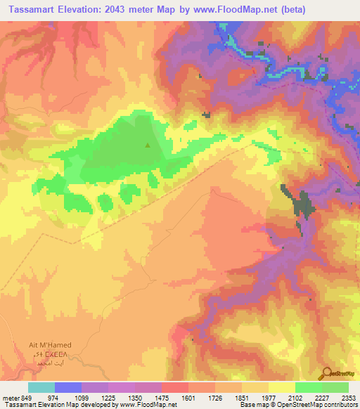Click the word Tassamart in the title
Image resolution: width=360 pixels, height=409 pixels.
[x=33, y=9]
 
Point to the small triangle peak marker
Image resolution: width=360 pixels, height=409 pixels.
[x=148, y=145]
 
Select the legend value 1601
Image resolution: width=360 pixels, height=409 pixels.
[x=188, y=398]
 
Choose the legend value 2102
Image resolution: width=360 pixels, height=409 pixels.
[x=294, y=398]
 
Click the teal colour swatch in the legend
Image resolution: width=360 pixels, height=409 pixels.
[x=41, y=387]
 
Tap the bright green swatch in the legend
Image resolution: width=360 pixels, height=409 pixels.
[x=308, y=387]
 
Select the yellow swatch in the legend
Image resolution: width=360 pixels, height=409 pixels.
[x=281, y=387]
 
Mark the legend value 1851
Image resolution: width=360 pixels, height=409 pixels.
[x=241, y=398]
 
